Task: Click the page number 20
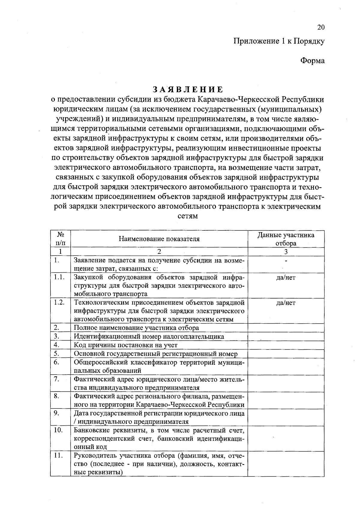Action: [x=321, y=28]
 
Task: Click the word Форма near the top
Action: [x=312, y=61]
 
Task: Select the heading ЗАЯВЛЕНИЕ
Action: [x=188, y=89]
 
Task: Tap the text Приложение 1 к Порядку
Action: [x=279, y=41]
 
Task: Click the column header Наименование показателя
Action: [x=159, y=239]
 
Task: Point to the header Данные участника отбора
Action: [x=286, y=239]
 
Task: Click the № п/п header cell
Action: [x=60, y=239]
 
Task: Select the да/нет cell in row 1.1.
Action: [x=286, y=278]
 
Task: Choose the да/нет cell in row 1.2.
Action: [x=286, y=303]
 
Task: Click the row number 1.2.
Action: [x=59, y=302]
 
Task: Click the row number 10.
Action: [x=58, y=430]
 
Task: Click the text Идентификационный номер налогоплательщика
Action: [x=149, y=337]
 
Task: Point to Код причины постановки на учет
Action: [x=126, y=345]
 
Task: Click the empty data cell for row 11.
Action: [x=286, y=464]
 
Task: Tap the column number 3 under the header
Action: [x=286, y=252]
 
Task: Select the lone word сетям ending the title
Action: [x=188, y=216]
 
